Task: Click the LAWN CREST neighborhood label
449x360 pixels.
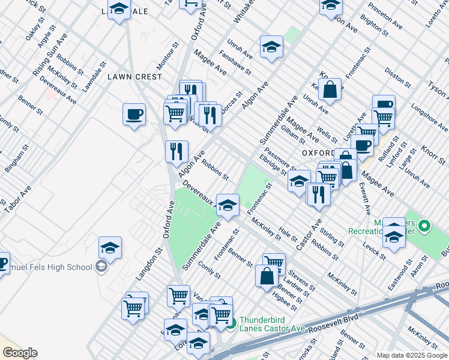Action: coord(135,77)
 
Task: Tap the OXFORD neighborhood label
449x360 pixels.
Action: coord(318,153)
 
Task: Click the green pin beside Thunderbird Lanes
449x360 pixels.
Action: coord(232,325)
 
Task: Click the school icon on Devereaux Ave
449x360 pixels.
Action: coord(228,205)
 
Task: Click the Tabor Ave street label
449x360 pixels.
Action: coord(17,198)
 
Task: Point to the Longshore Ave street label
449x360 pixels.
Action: coord(430,118)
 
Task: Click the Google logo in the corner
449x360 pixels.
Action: coord(19,353)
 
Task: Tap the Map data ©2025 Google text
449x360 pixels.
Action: coord(412,355)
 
